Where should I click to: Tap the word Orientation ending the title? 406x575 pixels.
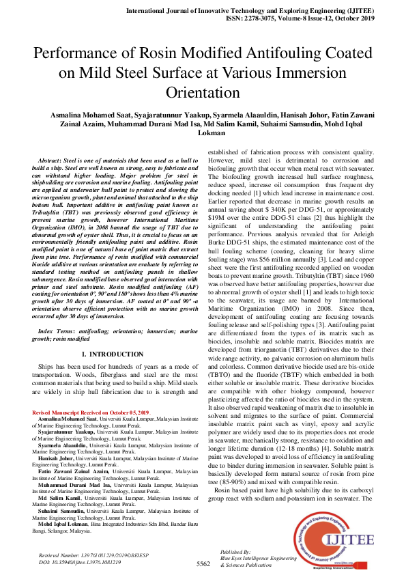[x=203, y=92]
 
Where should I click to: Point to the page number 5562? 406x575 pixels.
[x=203, y=563]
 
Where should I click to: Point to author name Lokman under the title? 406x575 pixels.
[x=212, y=133]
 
